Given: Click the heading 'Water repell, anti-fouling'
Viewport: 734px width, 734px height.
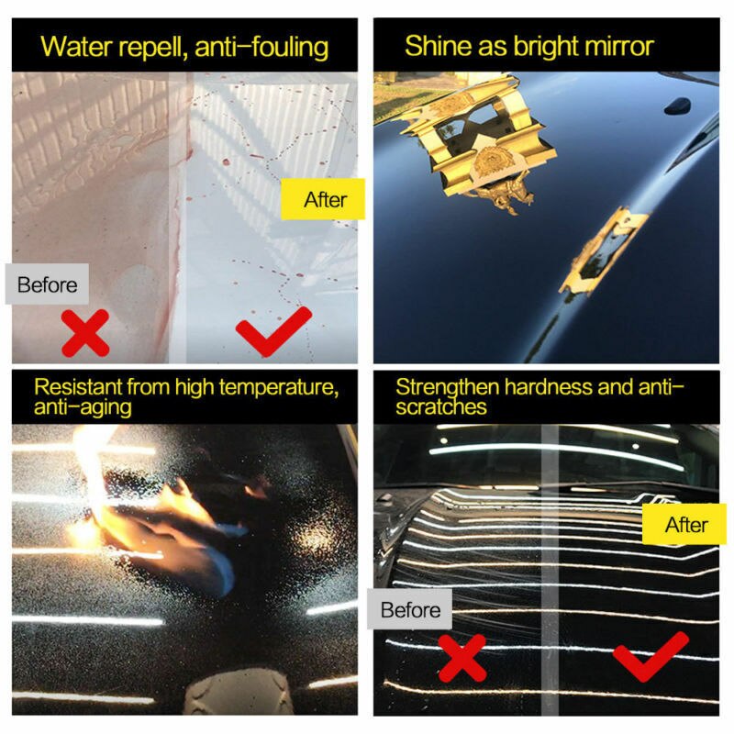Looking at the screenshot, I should [184, 47].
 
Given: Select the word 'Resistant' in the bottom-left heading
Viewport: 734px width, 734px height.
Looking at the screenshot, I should [77, 387].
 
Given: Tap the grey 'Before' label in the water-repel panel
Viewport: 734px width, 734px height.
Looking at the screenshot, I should [47, 284].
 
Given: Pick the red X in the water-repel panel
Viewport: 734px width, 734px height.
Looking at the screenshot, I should [85, 332].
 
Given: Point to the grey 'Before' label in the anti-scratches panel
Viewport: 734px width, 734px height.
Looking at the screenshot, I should [410, 610].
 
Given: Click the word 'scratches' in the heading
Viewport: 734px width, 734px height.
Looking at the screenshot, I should [441, 407].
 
